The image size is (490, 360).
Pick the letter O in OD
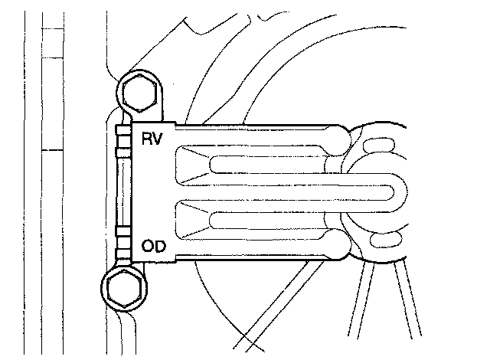tap(148, 247)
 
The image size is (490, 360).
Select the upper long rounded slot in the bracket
tap(268, 163)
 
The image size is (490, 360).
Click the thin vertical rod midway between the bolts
tap(120, 191)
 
